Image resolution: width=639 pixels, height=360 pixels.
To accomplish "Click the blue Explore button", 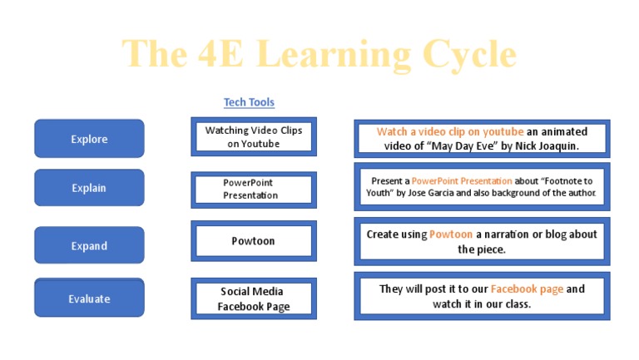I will click(89, 139).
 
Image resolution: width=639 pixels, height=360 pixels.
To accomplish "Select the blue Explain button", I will click(89, 188).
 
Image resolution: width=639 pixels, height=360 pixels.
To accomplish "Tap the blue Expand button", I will click(89, 246).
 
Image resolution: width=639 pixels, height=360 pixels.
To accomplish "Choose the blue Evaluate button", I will click(89, 298).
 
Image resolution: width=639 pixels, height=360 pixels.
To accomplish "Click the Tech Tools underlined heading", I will click(249, 102).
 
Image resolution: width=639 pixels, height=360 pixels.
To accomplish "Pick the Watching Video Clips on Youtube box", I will click(254, 137).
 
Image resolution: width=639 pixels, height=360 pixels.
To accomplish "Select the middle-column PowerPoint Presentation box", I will click(254, 190).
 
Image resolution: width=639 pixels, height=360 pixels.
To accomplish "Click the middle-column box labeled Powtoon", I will click(254, 241).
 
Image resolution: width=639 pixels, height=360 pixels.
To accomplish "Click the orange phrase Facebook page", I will click(527, 289).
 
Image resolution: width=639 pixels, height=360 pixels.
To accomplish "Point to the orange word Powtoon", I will click(451, 234).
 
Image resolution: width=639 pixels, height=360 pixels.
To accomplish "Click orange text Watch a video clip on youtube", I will click(450, 131).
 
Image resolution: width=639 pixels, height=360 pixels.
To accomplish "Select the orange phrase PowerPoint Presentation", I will click(462, 180).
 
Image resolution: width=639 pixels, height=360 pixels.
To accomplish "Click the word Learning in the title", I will click(334, 55).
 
